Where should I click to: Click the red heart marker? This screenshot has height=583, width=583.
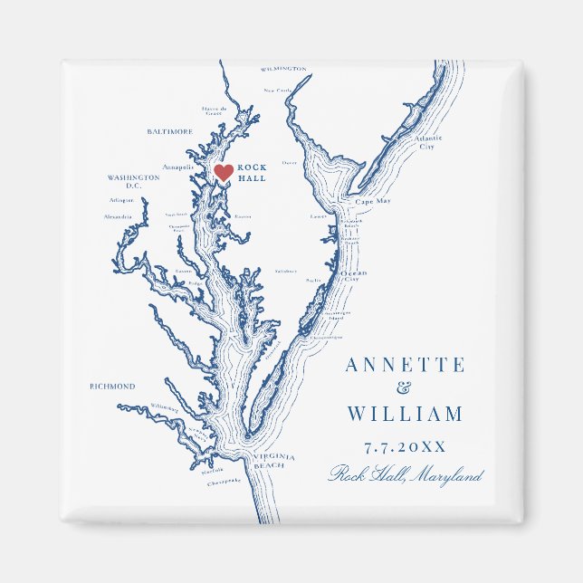223,171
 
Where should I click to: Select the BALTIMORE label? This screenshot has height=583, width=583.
169,131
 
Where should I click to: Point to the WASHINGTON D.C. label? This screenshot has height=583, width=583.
133,182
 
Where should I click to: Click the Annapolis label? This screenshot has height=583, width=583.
177,167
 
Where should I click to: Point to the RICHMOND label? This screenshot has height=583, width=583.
112,387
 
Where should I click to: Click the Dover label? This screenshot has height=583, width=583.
289,163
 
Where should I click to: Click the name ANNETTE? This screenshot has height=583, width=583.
405,366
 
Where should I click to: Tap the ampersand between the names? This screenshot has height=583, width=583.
404,389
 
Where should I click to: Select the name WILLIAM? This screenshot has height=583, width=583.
405,415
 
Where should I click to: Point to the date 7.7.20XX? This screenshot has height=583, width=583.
405,447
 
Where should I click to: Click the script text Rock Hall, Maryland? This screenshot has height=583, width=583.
406,474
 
